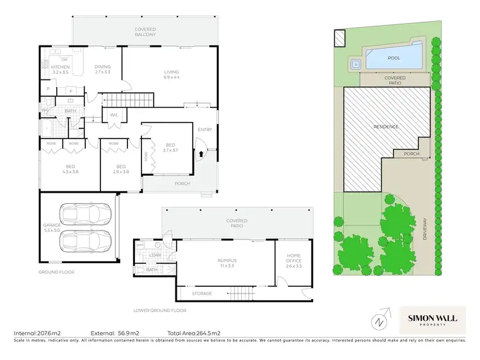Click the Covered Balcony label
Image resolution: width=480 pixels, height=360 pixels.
pos(145,31)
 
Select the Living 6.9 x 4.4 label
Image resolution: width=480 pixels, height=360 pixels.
pos(172,74)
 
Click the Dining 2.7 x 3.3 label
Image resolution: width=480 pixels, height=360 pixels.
pos(102,69)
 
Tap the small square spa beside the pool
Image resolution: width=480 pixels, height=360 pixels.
pos(355,63)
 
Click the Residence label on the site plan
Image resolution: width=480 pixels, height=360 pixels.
pos(386,127)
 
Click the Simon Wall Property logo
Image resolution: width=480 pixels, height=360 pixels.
pos(432,320)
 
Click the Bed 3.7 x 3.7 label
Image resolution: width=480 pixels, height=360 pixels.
pos(170,147)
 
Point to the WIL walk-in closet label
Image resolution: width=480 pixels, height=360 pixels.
pos(115,115)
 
